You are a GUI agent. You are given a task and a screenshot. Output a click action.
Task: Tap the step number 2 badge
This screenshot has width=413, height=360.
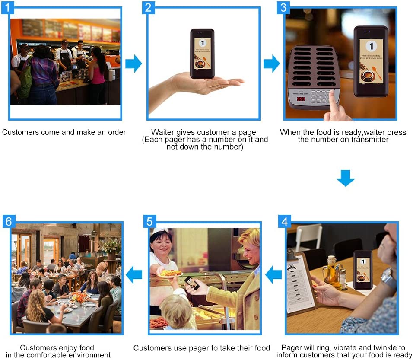point(148,7)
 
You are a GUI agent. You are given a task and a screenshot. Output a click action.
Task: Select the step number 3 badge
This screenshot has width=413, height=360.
point(283,7)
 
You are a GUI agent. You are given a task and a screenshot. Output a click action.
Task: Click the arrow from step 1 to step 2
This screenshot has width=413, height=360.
point(133,64)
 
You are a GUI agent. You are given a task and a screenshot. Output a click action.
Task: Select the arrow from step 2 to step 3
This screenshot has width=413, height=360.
point(271,64)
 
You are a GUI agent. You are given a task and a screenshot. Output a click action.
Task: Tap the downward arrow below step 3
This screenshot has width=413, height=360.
point(345,178)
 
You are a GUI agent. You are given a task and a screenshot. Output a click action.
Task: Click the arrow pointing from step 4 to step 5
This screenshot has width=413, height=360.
point(273,275)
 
